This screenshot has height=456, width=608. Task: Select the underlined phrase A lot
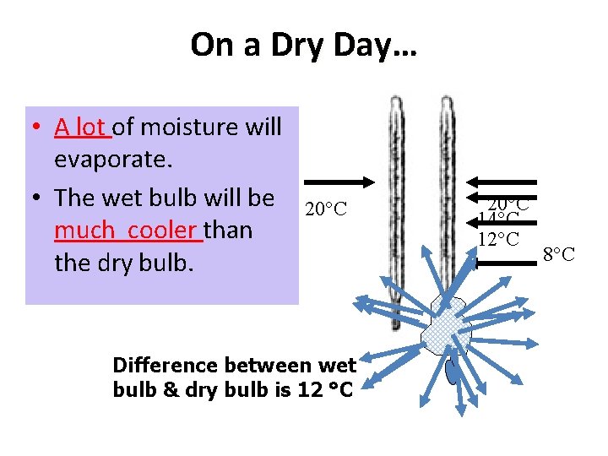click(81, 127)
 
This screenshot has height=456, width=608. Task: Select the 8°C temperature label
click(558, 253)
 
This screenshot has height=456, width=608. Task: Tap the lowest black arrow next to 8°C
click(502, 263)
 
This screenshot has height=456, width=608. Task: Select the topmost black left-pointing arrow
click(502, 181)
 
